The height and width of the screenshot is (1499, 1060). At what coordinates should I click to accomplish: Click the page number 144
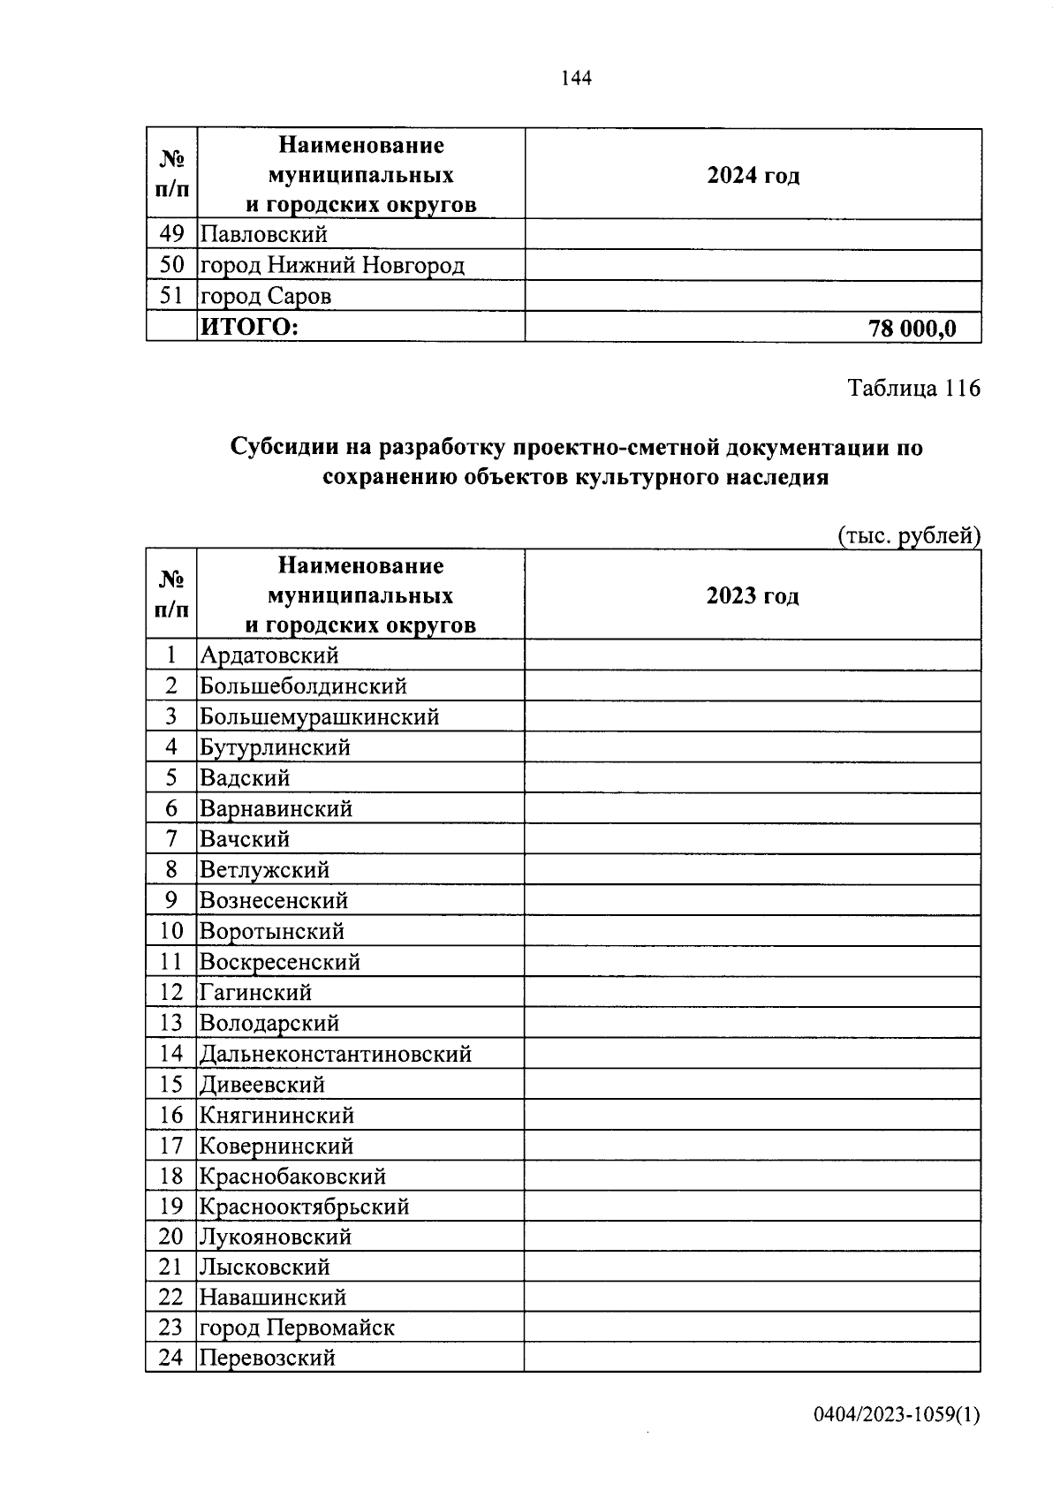click(576, 79)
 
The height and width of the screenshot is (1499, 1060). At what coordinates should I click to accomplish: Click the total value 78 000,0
click(912, 329)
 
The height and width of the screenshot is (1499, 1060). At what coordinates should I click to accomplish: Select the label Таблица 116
click(914, 388)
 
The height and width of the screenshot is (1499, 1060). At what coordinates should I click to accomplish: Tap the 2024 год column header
click(753, 175)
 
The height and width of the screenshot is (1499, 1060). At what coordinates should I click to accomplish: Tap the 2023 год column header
click(753, 595)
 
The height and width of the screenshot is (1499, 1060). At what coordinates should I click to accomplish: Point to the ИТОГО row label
click(250, 328)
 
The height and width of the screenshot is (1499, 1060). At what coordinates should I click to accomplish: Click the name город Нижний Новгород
click(332, 265)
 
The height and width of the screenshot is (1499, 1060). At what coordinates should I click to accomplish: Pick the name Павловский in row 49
click(263, 234)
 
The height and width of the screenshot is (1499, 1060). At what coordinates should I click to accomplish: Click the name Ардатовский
click(269, 655)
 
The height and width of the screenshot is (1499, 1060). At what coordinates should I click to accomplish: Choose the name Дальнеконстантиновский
click(336, 1054)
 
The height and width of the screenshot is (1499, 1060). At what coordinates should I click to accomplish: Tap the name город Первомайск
click(297, 1328)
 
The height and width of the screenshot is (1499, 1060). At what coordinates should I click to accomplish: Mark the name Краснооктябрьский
click(305, 1207)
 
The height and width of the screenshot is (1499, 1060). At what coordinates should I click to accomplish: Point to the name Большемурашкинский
click(319, 716)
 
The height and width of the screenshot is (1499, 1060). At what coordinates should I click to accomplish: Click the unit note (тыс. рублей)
click(908, 535)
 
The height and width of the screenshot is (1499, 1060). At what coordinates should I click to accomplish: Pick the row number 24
click(170, 1358)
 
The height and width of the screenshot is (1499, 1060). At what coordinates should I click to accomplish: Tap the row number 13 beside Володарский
click(170, 1023)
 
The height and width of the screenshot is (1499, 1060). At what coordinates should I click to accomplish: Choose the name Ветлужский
click(264, 870)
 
